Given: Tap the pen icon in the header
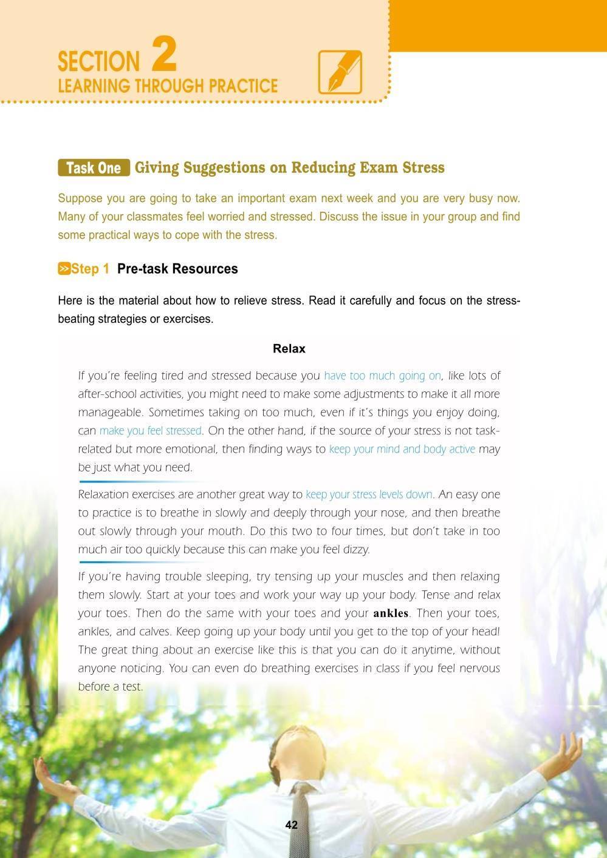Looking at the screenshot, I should [x=340, y=72].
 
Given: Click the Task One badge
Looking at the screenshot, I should [x=94, y=167].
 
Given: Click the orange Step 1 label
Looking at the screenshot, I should [x=84, y=269].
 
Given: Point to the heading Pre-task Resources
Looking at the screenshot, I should [x=177, y=269].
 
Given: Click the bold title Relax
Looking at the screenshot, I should [x=289, y=349].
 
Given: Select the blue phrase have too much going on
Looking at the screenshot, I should [x=382, y=376].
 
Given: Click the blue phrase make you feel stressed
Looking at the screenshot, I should [x=150, y=431].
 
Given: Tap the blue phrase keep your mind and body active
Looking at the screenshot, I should [x=402, y=450].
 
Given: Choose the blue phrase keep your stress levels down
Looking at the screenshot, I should [x=369, y=495].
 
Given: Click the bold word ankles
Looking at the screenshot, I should [x=391, y=613].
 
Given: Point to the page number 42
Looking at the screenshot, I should [x=291, y=825].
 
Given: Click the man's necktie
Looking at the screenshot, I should [x=301, y=813].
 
